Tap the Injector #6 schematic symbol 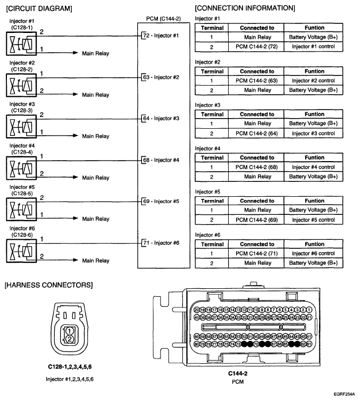point(20,250)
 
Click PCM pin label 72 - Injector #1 point(162,36)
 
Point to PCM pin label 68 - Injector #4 point(162,160)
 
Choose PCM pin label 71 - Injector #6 point(162,243)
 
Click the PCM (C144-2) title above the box point(163,18)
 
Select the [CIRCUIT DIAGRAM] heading point(39,9)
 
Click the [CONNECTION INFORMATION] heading point(245,8)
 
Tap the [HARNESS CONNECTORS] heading point(48,286)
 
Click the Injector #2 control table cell point(313,80)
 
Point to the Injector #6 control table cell point(313,253)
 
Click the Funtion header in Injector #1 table point(313,28)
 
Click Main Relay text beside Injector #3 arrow point(95,136)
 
